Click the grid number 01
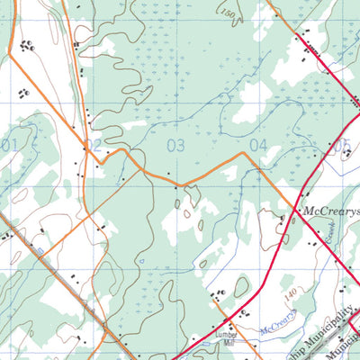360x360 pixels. point(9,145)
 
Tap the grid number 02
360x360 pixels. point(94,145)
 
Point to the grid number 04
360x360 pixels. point(258,145)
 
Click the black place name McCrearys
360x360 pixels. point(330,214)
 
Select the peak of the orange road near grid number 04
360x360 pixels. point(242,154)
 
